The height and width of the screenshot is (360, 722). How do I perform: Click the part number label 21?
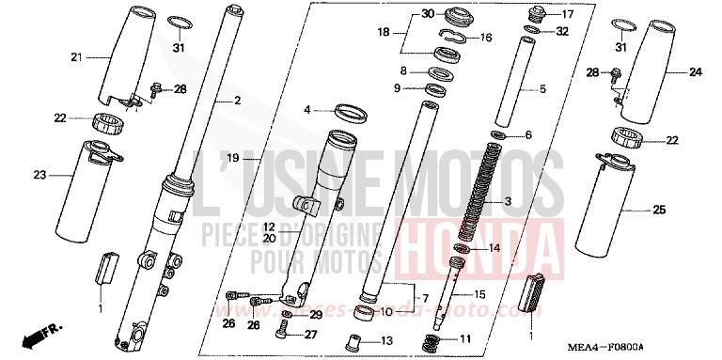(x=77, y=58)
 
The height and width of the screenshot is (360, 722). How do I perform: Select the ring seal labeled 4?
(x=349, y=112)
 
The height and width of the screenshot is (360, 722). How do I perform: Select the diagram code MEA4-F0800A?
(x=657, y=345)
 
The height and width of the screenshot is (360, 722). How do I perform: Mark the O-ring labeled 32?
(x=532, y=31)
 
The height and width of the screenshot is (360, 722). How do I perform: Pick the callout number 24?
(x=696, y=71)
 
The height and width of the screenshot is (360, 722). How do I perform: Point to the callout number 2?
(x=237, y=100)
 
